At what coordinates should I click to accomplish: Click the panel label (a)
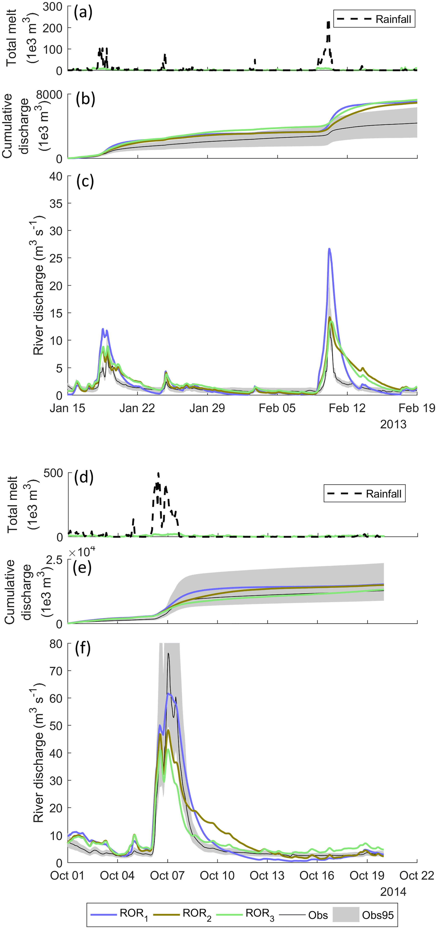(x=83, y=13)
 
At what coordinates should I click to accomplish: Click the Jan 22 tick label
(x=137, y=408)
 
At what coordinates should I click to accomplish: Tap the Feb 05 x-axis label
(x=277, y=408)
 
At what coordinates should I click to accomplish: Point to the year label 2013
(x=393, y=425)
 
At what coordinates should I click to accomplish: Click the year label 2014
(x=393, y=892)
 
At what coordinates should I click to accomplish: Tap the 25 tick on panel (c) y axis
(x=55, y=258)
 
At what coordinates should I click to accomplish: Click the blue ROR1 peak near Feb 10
(x=329, y=249)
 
